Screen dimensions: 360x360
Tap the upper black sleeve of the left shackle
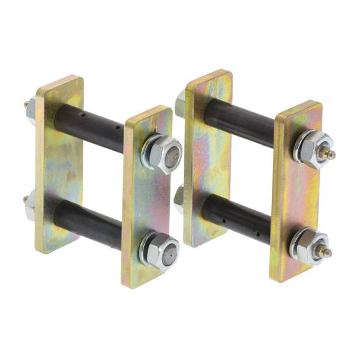tap(90, 129)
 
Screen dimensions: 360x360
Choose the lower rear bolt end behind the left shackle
tap(29, 205)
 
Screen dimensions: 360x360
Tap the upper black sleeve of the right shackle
tap(240, 123)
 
